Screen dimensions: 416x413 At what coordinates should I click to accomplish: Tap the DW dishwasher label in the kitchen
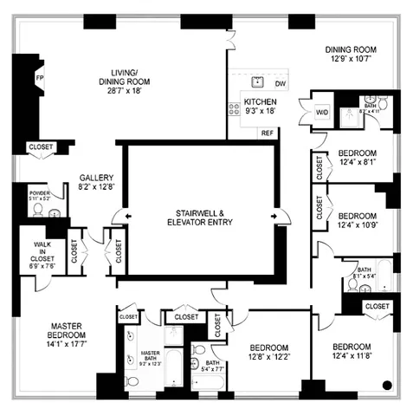point(280,83)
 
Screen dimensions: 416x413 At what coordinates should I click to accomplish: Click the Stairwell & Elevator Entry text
point(202,217)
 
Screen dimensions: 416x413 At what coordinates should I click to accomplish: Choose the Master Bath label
point(149,357)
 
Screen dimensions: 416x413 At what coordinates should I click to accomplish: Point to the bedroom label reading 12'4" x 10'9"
point(357,220)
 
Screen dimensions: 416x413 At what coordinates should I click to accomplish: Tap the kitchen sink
point(257,81)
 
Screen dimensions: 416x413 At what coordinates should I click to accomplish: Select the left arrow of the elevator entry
point(127,215)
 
